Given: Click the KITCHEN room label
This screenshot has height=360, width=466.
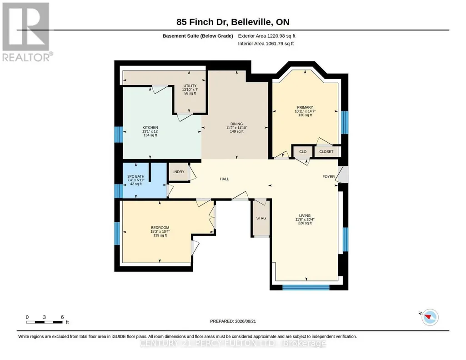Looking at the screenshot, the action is point(150,127).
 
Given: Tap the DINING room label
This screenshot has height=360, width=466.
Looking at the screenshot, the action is point(236,124).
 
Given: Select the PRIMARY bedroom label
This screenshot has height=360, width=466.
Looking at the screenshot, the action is point(305,107).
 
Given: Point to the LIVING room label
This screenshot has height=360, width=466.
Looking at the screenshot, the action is point(305,215).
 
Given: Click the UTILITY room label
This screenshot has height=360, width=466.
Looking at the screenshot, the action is point(190,86).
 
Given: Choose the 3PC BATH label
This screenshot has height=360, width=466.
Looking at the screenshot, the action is point(136,176).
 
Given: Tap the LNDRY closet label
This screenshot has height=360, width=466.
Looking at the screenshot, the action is point(178,172).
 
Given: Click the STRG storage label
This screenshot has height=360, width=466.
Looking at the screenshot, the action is point(261,218).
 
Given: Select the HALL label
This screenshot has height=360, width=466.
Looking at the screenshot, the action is point(225,179).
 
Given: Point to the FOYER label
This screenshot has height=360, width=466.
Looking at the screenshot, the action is point(329,176).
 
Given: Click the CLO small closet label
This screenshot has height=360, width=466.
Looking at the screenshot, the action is point(303,151).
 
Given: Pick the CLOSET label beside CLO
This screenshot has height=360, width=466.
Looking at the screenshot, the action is point(326,151).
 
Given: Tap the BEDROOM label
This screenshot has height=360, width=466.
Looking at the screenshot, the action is point(160,228).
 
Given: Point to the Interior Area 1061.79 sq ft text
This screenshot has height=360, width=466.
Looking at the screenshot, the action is point(266,43).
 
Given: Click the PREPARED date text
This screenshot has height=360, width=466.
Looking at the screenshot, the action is point(233,321).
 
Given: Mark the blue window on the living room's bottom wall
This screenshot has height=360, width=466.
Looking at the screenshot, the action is point(306,287).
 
